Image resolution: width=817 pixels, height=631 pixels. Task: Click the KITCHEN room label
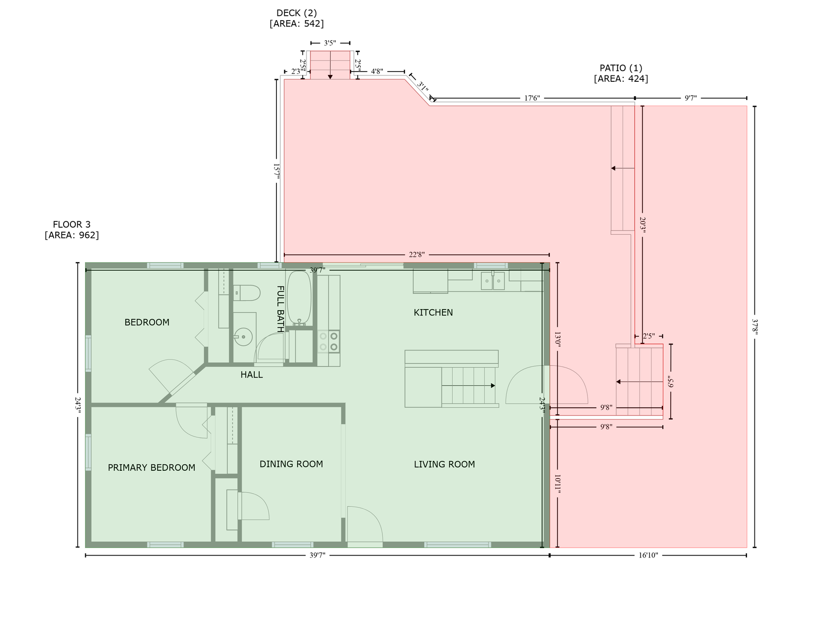click(x=433, y=313)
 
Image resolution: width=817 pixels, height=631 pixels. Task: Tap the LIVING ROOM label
click(x=444, y=464)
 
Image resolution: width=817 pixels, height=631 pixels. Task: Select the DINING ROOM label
click(x=291, y=464)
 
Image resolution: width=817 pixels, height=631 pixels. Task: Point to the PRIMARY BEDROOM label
click(x=151, y=467)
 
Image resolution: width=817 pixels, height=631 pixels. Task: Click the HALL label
click(x=251, y=375)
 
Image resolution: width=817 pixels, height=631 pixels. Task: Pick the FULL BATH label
click(x=280, y=309)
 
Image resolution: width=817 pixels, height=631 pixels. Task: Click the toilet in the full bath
click(x=247, y=293)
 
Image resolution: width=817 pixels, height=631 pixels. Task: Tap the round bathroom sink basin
click(x=243, y=336)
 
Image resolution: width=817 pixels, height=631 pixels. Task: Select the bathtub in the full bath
click(x=299, y=297)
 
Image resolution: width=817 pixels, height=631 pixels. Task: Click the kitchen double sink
click(x=493, y=281)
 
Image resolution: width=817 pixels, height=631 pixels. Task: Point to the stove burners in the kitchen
click(x=329, y=342)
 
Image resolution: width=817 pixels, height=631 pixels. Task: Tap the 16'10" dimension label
click(x=648, y=555)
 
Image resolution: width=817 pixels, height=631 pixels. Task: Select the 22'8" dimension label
click(x=416, y=254)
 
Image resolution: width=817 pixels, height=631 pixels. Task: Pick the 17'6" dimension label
click(x=532, y=98)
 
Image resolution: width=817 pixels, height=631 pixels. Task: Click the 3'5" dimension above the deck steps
click(x=330, y=43)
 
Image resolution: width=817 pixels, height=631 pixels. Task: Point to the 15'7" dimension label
click(x=276, y=171)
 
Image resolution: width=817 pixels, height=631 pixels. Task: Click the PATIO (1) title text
click(x=621, y=68)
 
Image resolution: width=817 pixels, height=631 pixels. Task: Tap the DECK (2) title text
click(x=297, y=13)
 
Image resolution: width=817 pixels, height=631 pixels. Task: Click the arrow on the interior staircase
click(x=469, y=386)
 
